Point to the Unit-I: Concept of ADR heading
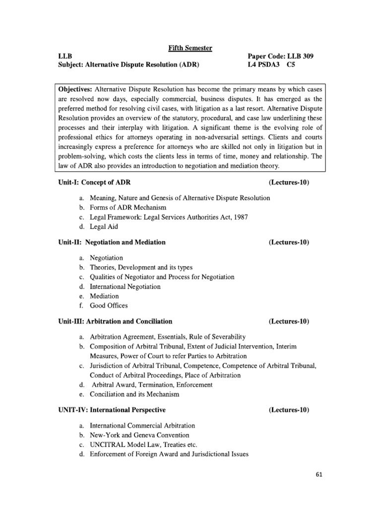pos(95,183)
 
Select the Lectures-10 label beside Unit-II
pos(289,242)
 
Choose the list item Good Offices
pos(109,306)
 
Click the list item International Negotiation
pos(125,286)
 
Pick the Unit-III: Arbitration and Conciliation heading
pos(115,321)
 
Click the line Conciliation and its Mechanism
pos(134,394)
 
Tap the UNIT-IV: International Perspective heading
pos(112,410)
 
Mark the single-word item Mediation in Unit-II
pos(104,296)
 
